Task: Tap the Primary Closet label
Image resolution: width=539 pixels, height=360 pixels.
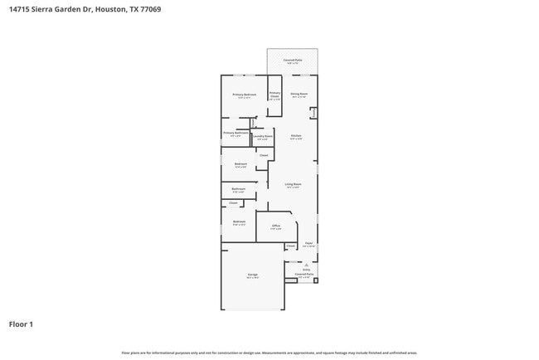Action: coord(274,95)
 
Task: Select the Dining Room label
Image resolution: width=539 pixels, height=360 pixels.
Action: coord(299,94)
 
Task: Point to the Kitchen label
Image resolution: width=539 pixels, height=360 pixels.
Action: coord(296,135)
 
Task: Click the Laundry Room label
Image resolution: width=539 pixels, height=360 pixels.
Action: coord(263,135)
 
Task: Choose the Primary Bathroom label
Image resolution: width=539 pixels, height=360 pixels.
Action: coord(236,133)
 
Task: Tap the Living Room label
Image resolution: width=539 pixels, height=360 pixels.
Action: coord(293,183)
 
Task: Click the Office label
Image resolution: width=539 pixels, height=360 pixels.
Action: coord(276,225)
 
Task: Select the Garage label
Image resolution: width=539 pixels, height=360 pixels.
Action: coord(252,274)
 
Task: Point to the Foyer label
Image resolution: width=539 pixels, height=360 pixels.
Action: coord(308,243)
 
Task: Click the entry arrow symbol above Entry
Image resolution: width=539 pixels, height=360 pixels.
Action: coord(306,264)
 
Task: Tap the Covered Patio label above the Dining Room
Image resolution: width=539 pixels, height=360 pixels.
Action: coord(293,60)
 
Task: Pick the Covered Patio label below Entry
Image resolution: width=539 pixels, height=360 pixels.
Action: coord(303,274)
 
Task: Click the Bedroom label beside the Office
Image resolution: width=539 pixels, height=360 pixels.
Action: coord(239,221)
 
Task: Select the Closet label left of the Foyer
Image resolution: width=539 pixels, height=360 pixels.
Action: coord(290,246)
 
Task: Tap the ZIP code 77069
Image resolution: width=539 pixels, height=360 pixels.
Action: coord(150,9)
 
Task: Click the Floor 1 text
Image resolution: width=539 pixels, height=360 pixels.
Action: coord(21,324)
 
